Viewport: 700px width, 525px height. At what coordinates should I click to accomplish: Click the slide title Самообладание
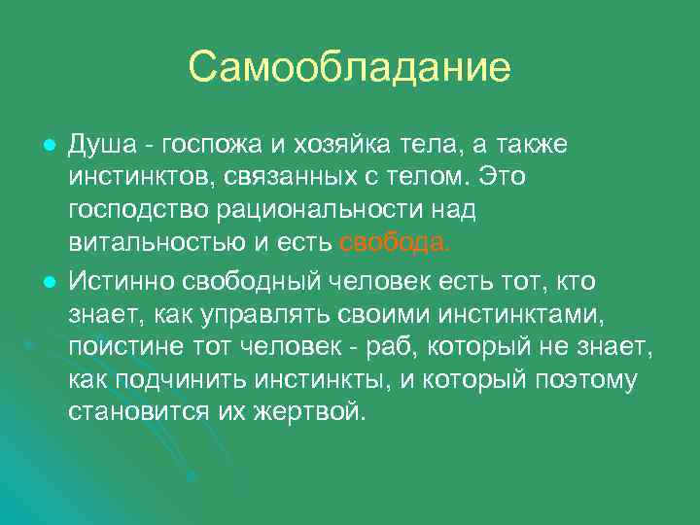point(349,68)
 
